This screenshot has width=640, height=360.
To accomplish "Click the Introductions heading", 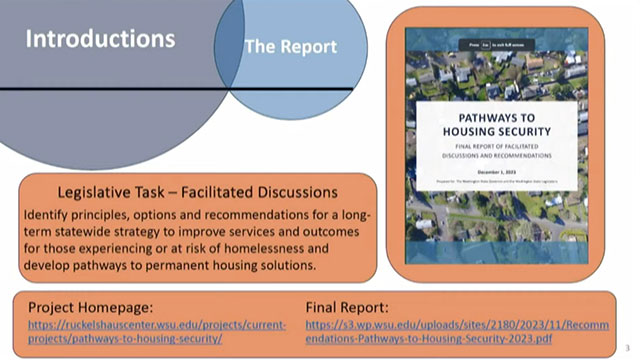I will pyautogui.click(x=100, y=40).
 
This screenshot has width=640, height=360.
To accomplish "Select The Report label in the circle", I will pyautogui.click(x=291, y=46).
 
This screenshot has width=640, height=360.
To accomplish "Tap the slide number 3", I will pyautogui.click(x=626, y=349).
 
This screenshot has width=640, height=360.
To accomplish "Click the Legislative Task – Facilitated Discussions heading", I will pyautogui.click(x=197, y=191).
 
